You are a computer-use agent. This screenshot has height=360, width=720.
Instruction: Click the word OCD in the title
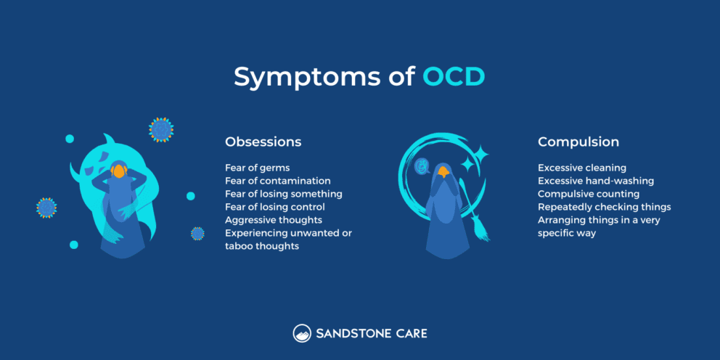[453, 77]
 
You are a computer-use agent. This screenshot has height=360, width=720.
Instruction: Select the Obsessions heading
[263, 142]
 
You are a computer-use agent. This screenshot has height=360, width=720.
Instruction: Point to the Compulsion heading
[578, 142]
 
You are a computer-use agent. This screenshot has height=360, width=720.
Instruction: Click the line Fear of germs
[257, 168]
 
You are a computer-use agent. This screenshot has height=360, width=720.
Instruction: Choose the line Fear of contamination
[277, 181]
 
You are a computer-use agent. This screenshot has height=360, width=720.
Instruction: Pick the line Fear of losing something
[283, 194]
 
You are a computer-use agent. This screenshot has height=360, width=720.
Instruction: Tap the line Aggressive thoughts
[273, 220]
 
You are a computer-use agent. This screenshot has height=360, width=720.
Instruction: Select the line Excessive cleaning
[581, 168]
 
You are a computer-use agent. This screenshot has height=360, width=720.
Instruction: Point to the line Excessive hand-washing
[595, 181]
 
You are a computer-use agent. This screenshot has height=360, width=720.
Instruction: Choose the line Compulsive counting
[588, 194]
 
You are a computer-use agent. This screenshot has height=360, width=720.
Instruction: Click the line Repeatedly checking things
[604, 207]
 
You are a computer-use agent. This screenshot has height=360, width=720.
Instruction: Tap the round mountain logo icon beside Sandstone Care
[302, 334]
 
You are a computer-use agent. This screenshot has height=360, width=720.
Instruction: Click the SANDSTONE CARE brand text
[371, 334]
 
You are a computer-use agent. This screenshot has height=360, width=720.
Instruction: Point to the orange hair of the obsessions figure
[118, 172]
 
